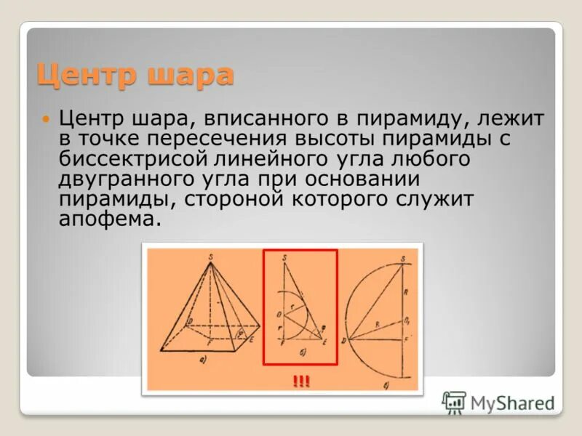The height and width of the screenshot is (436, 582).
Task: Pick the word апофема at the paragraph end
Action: [x=106, y=219]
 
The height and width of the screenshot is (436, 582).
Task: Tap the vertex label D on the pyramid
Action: [x=189, y=320]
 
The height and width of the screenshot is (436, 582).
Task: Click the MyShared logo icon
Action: [x=455, y=402]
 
